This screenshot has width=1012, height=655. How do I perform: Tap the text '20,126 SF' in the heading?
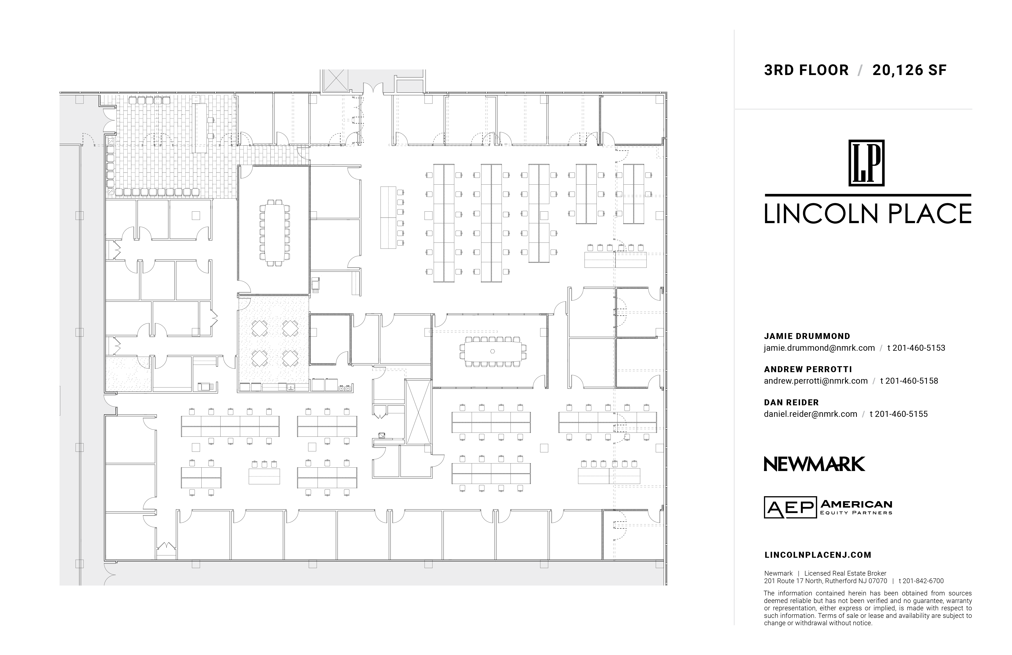[910, 70]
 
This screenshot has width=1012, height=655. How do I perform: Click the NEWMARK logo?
[814, 464]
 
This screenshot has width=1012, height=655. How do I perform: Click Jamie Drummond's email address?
[819, 348]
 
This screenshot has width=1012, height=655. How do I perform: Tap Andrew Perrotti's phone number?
[909, 381]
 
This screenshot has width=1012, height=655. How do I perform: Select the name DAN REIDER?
[791, 402]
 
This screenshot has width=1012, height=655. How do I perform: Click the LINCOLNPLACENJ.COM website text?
[818, 555]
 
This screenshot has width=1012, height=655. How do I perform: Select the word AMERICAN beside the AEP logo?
[856, 504]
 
